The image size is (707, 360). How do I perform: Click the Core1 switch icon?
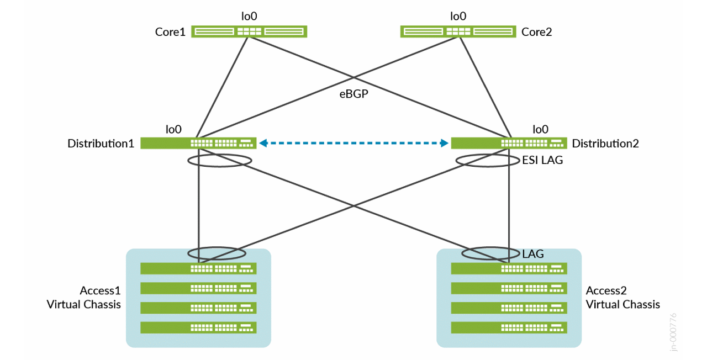coord(249,32)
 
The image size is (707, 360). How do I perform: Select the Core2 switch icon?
coord(457,32)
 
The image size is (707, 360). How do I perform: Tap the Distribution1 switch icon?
coord(198,144)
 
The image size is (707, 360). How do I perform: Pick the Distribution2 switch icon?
coord(509,144)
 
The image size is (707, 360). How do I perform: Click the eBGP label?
coord(353,94)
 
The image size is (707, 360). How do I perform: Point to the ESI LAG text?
coord(542,161)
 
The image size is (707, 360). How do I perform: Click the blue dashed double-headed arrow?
coord(353,144)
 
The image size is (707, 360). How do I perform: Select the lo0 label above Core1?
coord(249,17)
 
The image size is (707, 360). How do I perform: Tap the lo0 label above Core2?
coord(458,17)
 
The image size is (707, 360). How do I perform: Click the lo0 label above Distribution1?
coord(173,129)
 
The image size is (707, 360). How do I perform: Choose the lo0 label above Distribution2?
coord(540,129)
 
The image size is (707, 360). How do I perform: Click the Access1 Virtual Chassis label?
coord(84,298)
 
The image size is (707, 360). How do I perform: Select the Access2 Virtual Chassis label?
coord(622,298)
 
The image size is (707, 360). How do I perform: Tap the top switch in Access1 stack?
coord(198,269)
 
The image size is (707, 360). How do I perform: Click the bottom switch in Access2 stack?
coord(509,327)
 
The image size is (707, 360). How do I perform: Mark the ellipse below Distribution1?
coord(220,161)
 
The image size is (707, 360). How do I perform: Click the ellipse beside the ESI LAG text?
coord(487,161)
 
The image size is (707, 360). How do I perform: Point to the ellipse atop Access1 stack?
coord(217,253)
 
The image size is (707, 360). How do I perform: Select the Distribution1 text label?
coord(101,144)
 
